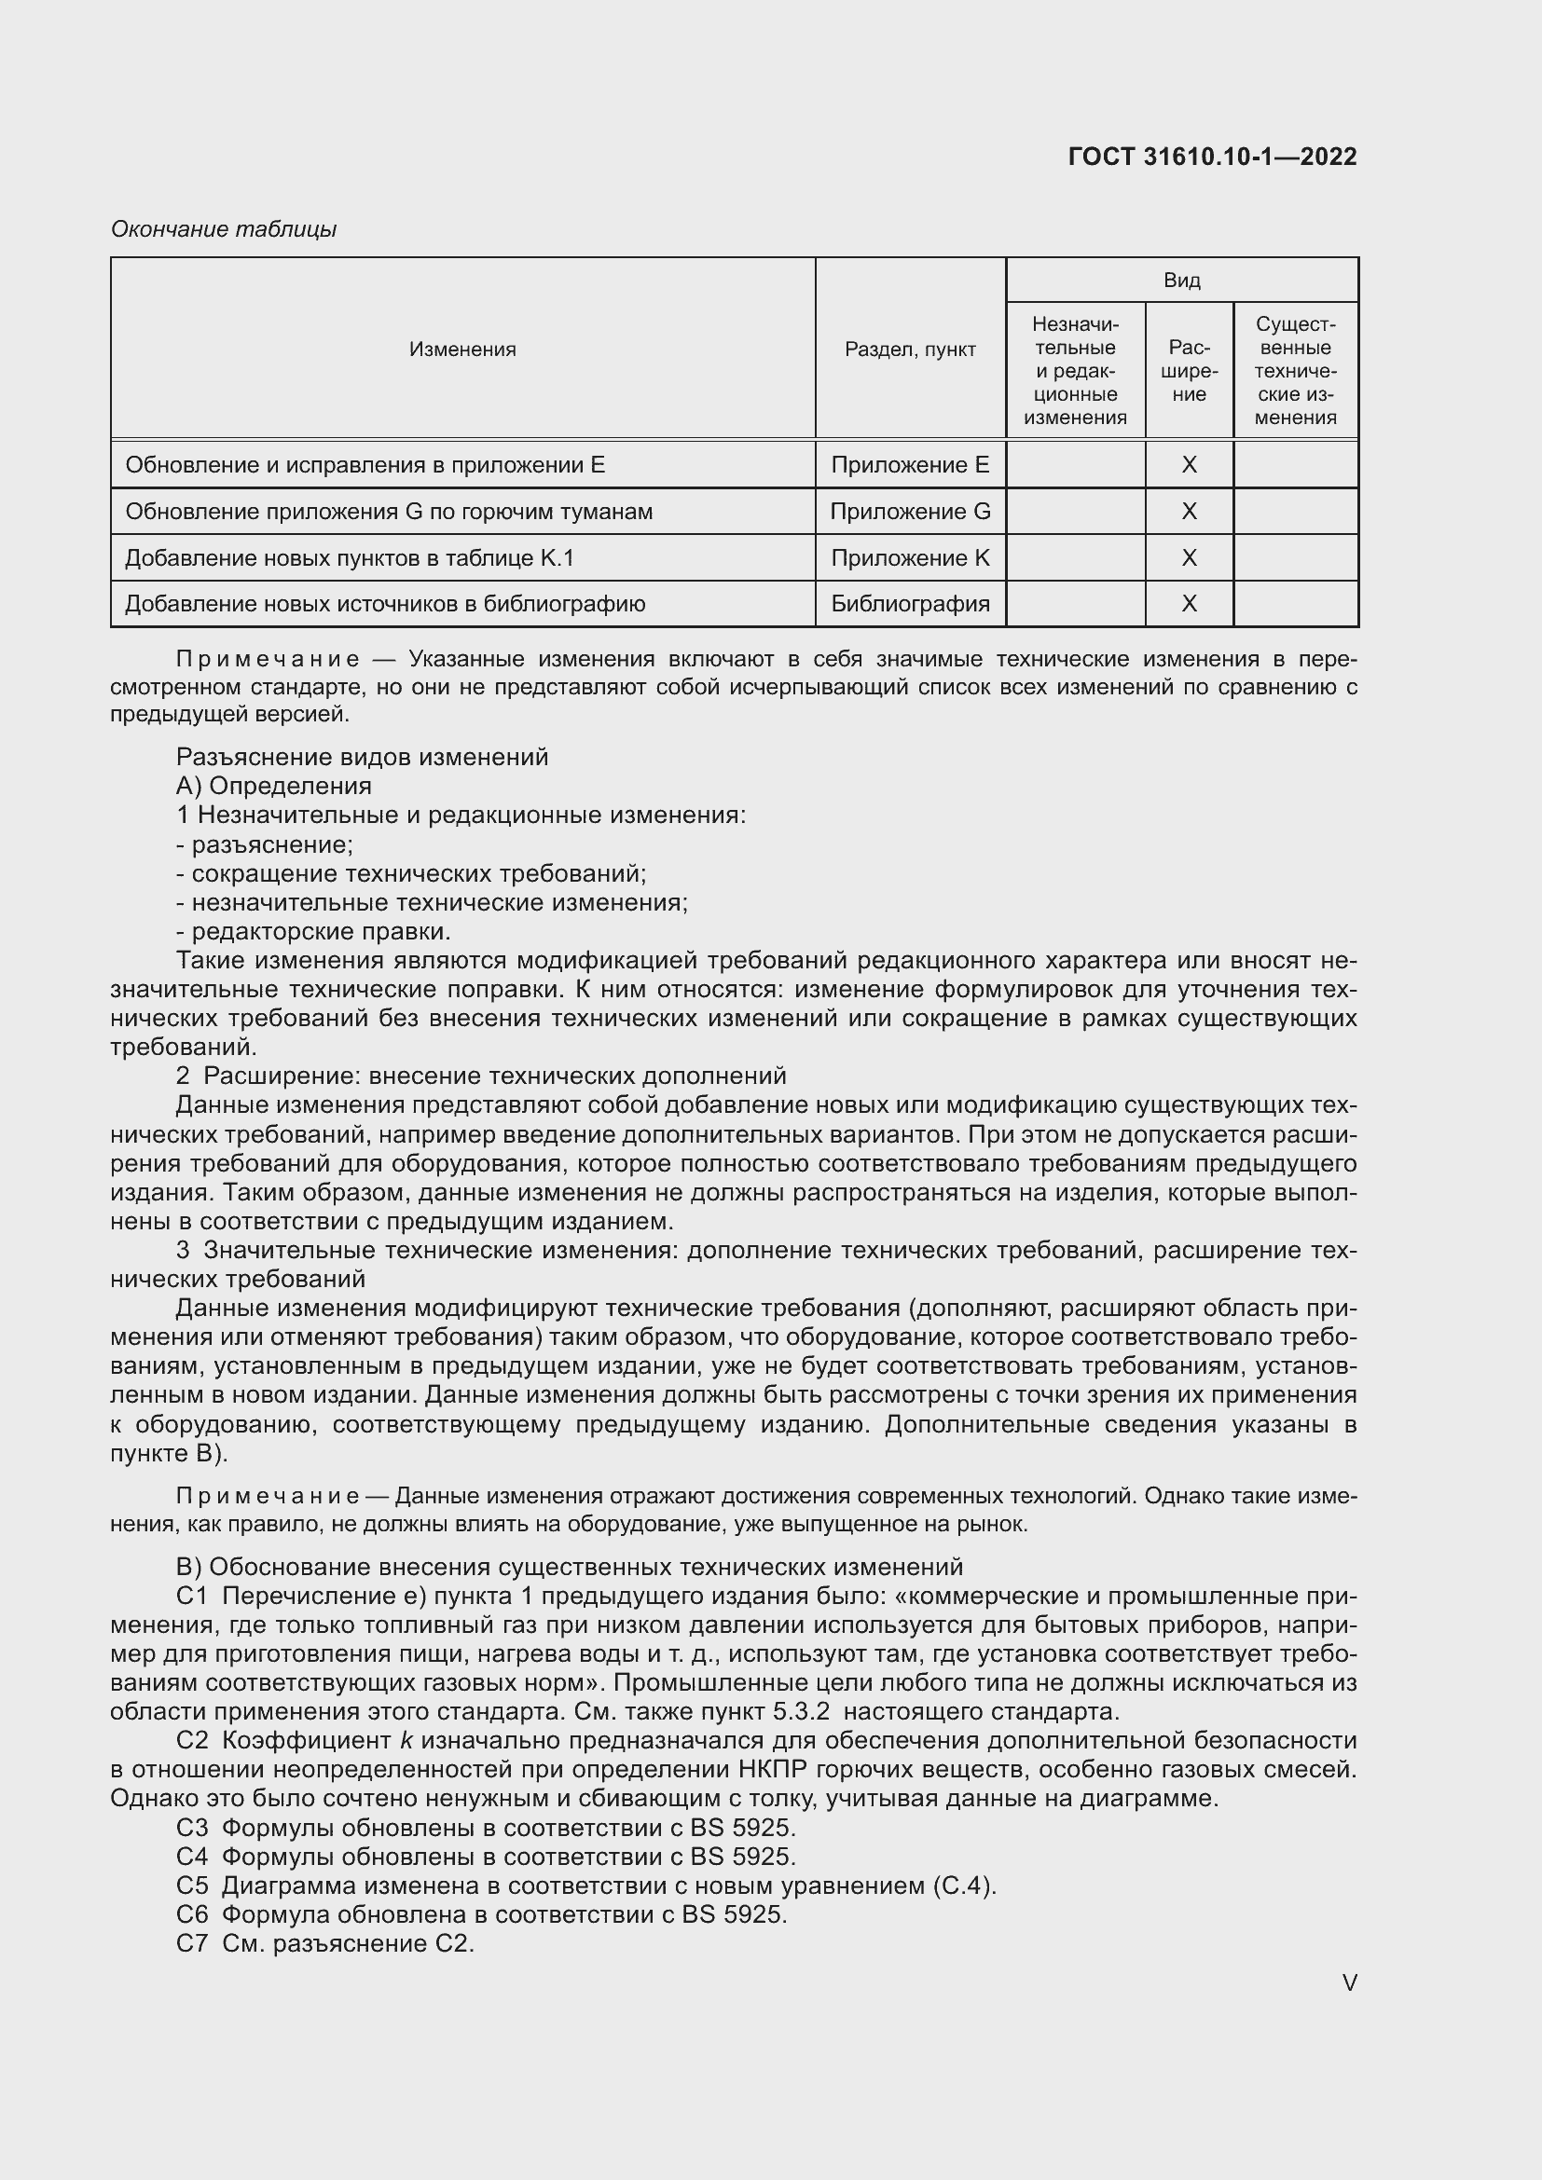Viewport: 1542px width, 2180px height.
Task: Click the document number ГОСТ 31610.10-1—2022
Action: pos(1212,157)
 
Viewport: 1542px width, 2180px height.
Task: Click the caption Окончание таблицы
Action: pos(224,229)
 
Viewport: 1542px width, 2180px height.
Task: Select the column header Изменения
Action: pos(462,350)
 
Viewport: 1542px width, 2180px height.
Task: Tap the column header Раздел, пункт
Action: pos(910,350)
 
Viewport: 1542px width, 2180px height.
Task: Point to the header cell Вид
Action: pos(1181,281)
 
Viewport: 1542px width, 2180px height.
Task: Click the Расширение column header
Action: pos(1189,370)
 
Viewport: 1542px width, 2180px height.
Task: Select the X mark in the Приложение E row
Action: pos(1189,465)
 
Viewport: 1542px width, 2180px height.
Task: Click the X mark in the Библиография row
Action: pos(1189,604)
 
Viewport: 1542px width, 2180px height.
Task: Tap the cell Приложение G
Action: pos(910,512)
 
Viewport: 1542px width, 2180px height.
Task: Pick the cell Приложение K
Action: pos(910,558)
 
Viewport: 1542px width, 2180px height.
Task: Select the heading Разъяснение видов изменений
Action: pos(362,757)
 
